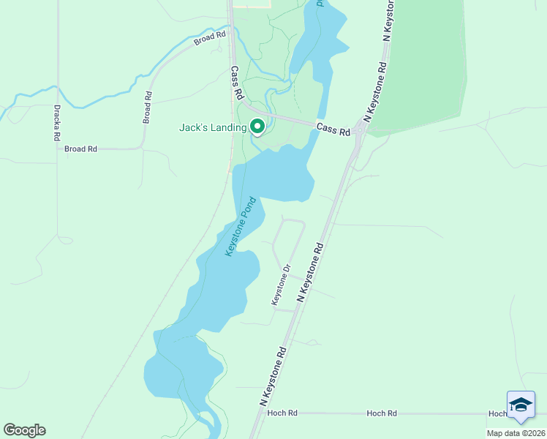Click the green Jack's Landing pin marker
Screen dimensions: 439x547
coord(257,127)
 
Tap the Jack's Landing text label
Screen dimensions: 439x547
coord(213,127)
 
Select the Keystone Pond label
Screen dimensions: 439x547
coord(241,226)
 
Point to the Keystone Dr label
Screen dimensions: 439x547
coord(281,285)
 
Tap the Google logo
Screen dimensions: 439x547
coord(24,430)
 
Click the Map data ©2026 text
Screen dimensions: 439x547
coord(516,433)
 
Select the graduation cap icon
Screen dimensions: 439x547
coord(521,405)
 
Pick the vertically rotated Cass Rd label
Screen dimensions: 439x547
coord(235,83)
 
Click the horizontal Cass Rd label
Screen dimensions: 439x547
coord(333,128)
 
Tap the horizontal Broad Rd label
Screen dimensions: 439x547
coord(80,149)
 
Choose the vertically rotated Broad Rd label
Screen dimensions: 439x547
coord(148,107)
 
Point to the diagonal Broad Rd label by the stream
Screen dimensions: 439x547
coord(211,37)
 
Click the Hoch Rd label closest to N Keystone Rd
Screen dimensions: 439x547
coord(282,413)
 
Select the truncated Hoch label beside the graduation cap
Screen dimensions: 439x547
coord(498,413)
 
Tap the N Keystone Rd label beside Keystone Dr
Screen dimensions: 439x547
coord(310,274)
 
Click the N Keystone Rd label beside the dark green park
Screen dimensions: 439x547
coord(374,91)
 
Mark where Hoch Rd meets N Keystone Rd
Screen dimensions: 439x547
coord(256,413)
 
